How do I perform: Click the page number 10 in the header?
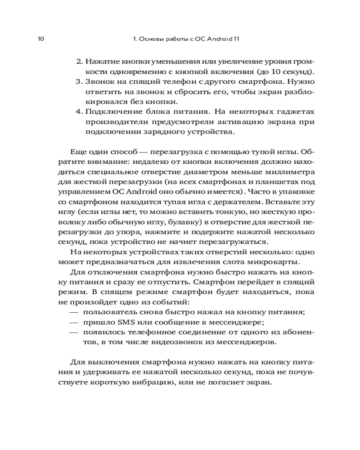[x=40, y=39]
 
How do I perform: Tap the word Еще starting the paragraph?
[x=78, y=152]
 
